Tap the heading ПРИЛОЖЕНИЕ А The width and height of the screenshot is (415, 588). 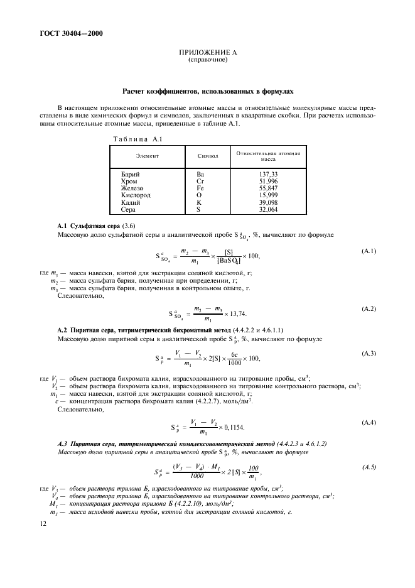207,53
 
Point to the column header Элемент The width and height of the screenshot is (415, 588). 146,155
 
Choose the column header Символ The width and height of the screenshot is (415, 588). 207,155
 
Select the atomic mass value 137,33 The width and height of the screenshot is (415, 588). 268,173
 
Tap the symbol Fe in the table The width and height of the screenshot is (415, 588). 200,188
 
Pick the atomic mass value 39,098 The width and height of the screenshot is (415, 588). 268,202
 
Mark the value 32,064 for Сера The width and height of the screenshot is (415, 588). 268,210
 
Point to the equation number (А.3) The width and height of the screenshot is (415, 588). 369,354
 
